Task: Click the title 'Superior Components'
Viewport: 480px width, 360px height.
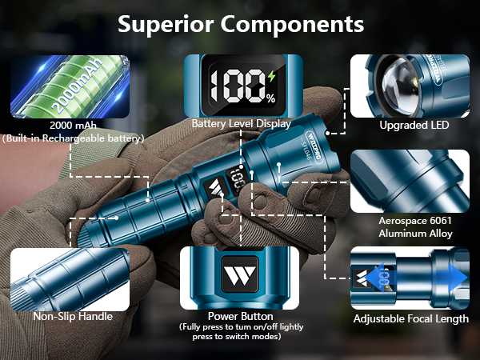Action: click(240, 24)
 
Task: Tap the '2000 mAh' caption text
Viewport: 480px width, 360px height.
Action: click(72, 126)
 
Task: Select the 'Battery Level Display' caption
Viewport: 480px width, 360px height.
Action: click(241, 124)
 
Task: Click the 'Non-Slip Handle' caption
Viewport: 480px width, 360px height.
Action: click(73, 316)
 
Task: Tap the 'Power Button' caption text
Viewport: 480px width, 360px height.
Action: click(241, 315)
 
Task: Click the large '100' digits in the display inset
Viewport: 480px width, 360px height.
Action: click(236, 85)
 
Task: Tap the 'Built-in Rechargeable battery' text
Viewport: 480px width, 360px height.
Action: click(73, 138)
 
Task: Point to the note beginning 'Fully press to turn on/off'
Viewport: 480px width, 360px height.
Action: click(241, 331)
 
